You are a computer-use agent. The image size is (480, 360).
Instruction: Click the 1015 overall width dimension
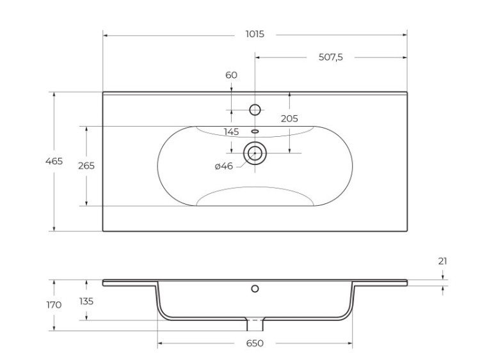[x=255, y=35]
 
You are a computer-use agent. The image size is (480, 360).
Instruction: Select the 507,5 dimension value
[x=331, y=57]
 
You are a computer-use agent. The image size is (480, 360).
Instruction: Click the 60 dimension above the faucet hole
[x=231, y=75]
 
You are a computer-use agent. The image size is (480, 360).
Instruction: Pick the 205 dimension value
[x=289, y=118]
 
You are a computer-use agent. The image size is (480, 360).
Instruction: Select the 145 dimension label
[x=231, y=132]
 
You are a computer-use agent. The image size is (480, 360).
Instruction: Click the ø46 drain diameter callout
[x=223, y=166]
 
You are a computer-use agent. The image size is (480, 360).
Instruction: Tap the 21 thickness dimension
[x=443, y=260]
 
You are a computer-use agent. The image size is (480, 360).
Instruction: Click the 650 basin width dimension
[x=255, y=344]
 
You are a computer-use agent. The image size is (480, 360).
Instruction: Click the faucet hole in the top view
[x=255, y=110]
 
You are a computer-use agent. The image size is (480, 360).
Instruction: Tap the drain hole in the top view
[x=255, y=153]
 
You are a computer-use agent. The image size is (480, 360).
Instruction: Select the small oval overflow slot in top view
[x=255, y=132]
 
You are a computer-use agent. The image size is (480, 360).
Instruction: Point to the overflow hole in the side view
[x=255, y=289]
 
